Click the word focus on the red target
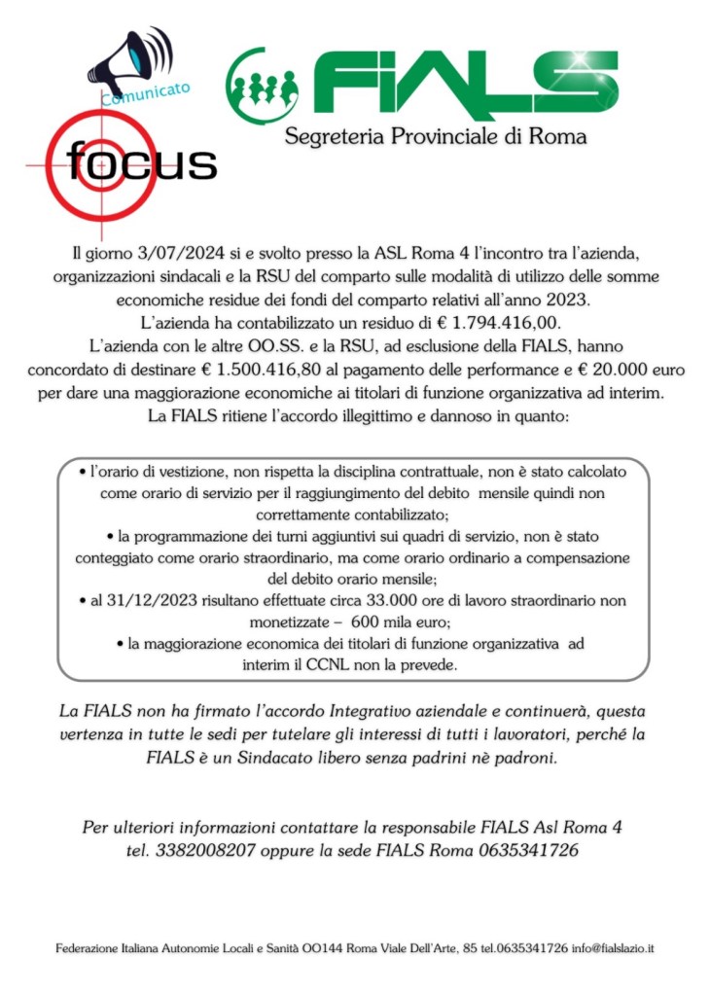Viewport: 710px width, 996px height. [x=142, y=162]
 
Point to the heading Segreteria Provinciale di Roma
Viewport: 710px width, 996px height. [x=436, y=136]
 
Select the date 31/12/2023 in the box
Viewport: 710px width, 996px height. [x=138, y=601]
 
